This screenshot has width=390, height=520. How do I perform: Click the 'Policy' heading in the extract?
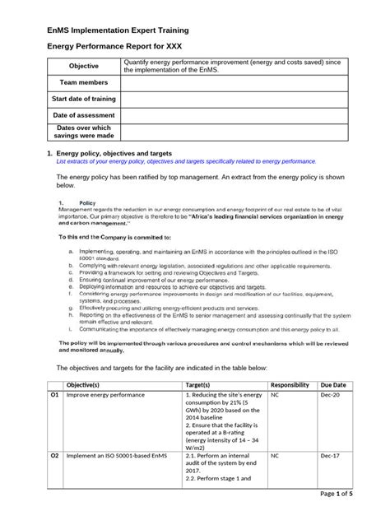click(87, 202)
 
